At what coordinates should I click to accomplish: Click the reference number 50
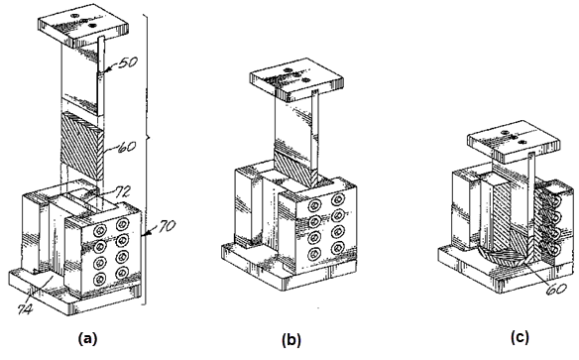point(128,62)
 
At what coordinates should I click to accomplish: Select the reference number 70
point(166,226)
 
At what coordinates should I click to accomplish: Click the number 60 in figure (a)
point(126,147)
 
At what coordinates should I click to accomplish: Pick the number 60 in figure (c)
point(556,289)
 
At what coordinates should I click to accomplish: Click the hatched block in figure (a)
point(82,147)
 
